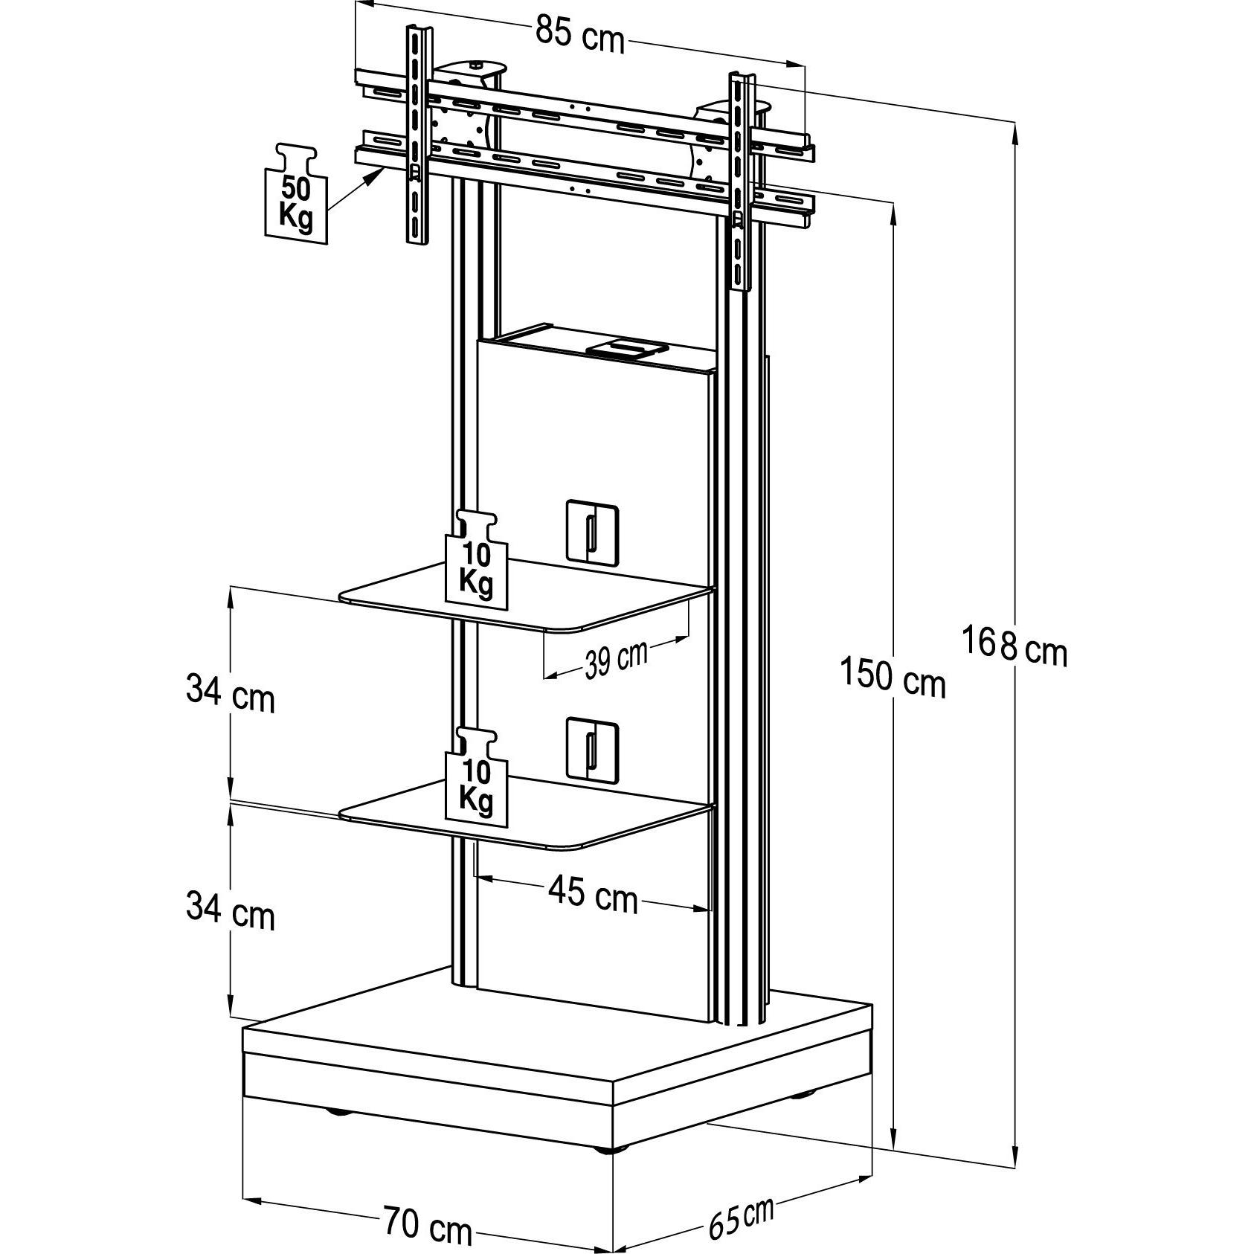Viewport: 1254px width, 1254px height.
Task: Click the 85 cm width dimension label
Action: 580,35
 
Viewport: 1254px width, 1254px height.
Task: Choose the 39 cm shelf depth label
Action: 615,660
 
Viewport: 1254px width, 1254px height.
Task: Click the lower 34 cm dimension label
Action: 230,911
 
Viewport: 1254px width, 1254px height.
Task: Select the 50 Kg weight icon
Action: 295,192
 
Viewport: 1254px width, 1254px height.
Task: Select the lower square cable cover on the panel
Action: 592,749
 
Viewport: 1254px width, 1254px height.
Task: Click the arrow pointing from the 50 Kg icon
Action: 356,189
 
